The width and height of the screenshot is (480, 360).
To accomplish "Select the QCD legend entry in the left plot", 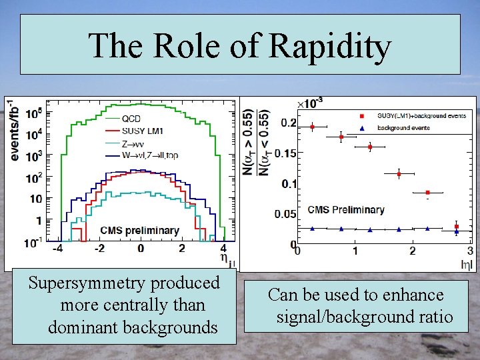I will click(x=131, y=119).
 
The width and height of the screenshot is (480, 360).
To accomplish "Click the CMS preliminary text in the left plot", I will click(x=139, y=231).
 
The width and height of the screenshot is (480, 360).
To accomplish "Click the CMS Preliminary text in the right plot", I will click(x=346, y=210).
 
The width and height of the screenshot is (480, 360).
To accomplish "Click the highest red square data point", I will click(x=312, y=127).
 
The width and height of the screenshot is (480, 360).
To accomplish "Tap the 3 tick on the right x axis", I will click(x=470, y=251).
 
